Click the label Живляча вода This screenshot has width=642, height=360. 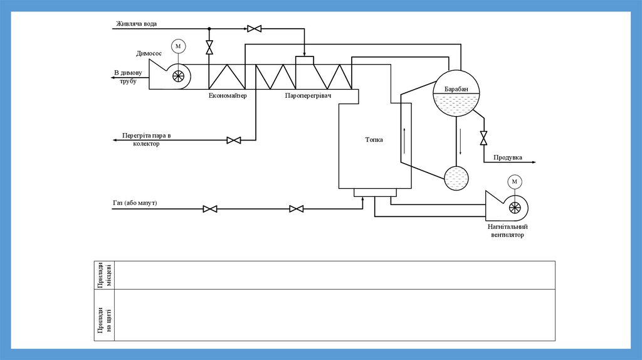point(136,24)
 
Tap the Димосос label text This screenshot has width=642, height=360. point(148,53)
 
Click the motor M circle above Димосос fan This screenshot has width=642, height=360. point(179,46)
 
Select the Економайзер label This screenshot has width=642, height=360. point(228,96)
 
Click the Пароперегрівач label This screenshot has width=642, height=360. point(308,96)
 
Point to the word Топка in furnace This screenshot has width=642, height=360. point(374,140)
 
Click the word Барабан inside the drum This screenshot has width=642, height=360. point(456,90)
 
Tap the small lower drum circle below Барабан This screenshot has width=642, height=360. point(456,178)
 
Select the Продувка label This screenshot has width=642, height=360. point(508,157)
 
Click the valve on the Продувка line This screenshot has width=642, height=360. point(483,138)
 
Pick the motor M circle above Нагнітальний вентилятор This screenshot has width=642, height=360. point(515,182)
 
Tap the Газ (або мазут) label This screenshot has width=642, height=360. point(135,203)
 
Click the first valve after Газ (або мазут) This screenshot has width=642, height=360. point(210,209)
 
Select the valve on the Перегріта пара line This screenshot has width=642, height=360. point(234,140)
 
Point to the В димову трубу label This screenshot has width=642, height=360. point(129,77)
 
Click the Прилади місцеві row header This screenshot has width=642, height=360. point(104,275)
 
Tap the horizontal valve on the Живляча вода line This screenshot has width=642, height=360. point(255,29)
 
